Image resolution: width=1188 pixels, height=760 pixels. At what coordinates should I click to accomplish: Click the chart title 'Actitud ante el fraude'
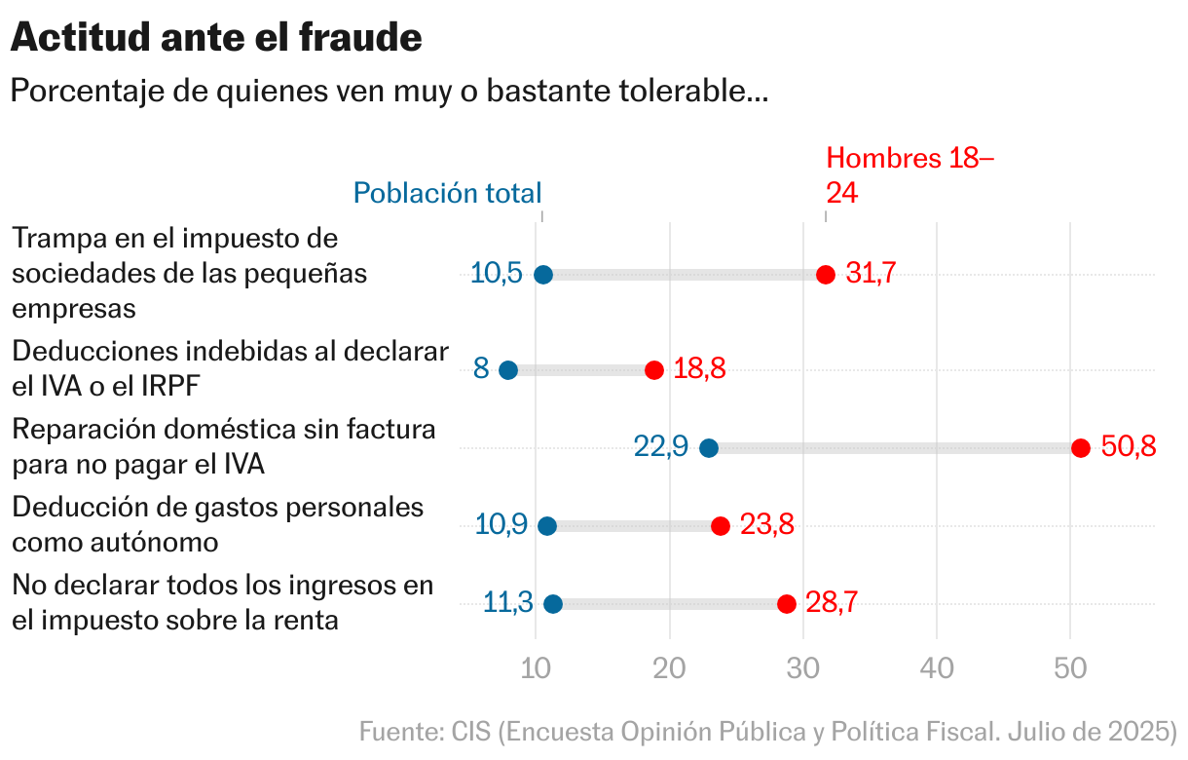(x=216, y=38)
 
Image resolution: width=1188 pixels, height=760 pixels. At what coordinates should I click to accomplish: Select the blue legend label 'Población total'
(x=447, y=193)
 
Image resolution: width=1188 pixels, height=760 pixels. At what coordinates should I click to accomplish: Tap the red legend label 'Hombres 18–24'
(x=910, y=175)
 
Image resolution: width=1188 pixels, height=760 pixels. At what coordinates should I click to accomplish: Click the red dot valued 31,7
(x=826, y=275)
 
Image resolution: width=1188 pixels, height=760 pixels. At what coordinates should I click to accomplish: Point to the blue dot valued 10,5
(x=543, y=275)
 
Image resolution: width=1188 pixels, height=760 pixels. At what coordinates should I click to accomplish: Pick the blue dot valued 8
(x=508, y=370)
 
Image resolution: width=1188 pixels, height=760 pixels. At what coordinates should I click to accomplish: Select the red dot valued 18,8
(x=654, y=370)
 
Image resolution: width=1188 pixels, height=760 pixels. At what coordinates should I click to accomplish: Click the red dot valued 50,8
(x=1080, y=448)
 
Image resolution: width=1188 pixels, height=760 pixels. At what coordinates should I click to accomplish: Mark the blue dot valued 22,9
(x=709, y=448)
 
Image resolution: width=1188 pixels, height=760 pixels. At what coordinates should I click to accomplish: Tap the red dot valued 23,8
(x=721, y=526)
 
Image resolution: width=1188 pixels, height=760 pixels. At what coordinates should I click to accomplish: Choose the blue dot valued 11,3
(x=553, y=604)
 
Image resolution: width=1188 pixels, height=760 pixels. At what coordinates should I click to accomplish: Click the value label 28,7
(x=831, y=603)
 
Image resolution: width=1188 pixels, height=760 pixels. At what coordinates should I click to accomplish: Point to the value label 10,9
(x=501, y=525)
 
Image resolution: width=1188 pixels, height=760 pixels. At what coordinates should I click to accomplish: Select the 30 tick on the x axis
(x=802, y=669)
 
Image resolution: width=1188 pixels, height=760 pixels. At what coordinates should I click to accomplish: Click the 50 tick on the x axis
(x=1070, y=669)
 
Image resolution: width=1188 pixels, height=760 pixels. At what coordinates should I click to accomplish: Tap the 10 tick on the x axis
(x=536, y=669)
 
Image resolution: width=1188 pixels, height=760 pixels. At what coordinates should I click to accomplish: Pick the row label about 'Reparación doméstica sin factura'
(x=224, y=446)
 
